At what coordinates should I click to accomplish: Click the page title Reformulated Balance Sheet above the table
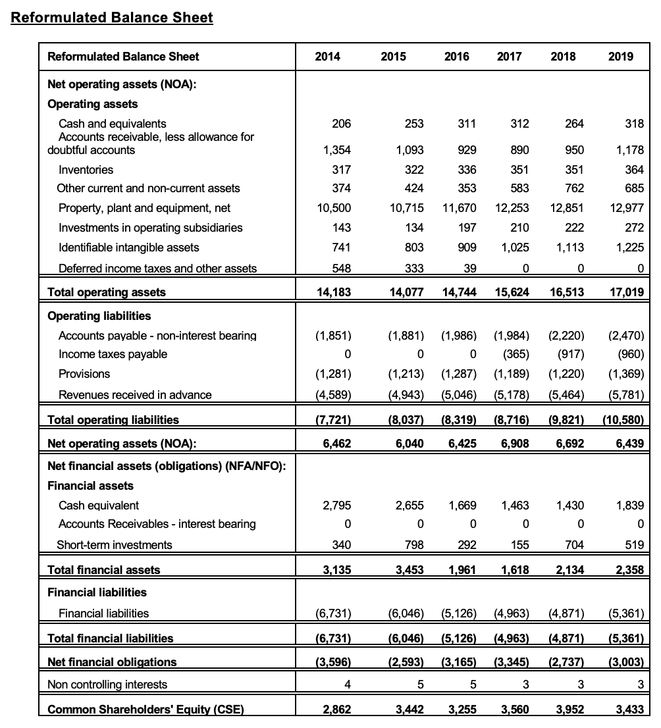coord(112,18)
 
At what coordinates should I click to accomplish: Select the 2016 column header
coord(456,57)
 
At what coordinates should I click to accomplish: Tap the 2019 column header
coord(621,57)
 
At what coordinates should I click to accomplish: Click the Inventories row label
coord(86,170)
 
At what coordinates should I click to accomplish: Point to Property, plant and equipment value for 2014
coord(334,208)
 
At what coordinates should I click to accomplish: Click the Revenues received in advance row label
coord(135,395)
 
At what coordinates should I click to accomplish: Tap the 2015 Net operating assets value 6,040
coord(408,444)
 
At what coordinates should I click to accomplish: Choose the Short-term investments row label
coord(115,545)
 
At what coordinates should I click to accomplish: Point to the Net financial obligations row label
coord(112,662)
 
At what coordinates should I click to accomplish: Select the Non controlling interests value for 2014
coord(346,685)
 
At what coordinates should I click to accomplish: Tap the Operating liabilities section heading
coord(99,316)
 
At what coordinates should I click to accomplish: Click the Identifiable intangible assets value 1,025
coord(514,247)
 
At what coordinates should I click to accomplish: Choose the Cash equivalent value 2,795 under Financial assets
coord(337,506)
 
